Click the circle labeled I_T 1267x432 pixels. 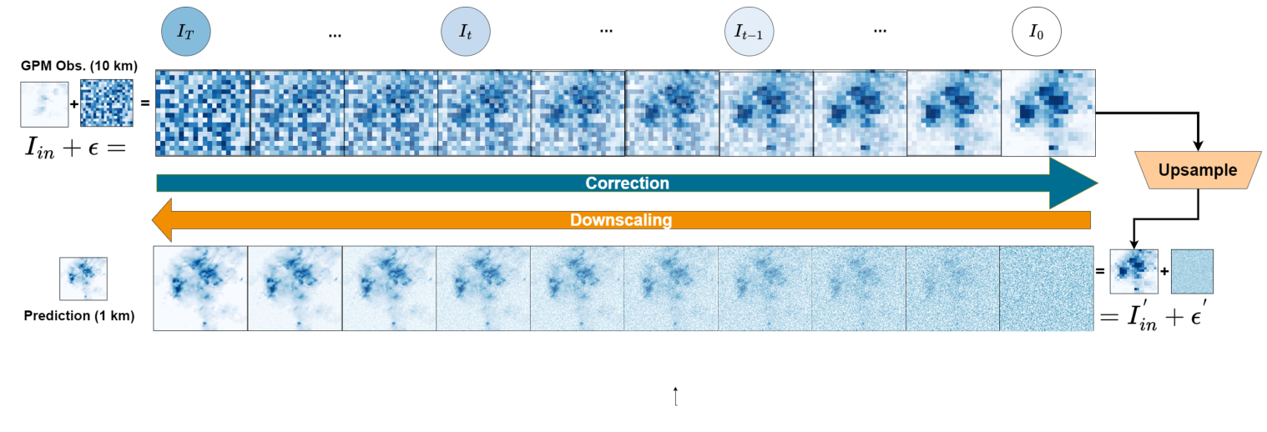[185, 33]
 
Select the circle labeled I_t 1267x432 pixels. [465, 33]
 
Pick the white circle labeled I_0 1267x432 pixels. [1036, 33]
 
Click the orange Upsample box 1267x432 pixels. [1198, 171]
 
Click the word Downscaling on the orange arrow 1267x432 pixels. [621, 220]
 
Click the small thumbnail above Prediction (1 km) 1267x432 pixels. [83, 279]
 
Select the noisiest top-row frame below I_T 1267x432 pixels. [203, 113]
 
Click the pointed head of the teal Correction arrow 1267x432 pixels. [1077, 183]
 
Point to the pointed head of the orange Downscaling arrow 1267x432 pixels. [161, 220]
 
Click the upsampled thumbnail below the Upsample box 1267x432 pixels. [1134, 272]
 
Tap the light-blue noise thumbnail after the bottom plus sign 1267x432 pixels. [1192, 272]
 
